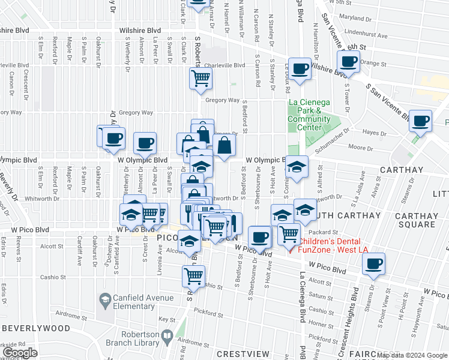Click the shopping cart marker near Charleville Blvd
(200, 78)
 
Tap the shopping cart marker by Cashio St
(193, 276)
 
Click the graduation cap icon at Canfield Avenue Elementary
(105, 299)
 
